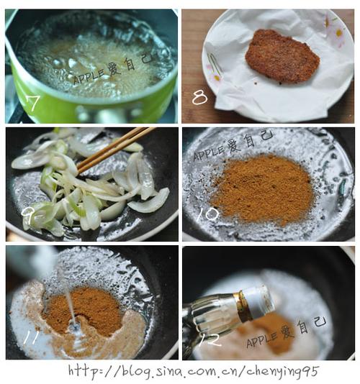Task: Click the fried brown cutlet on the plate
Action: [282, 55]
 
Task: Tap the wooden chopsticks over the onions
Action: [115, 147]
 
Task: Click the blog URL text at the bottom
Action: [193, 370]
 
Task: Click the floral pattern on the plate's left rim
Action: [213, 63]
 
